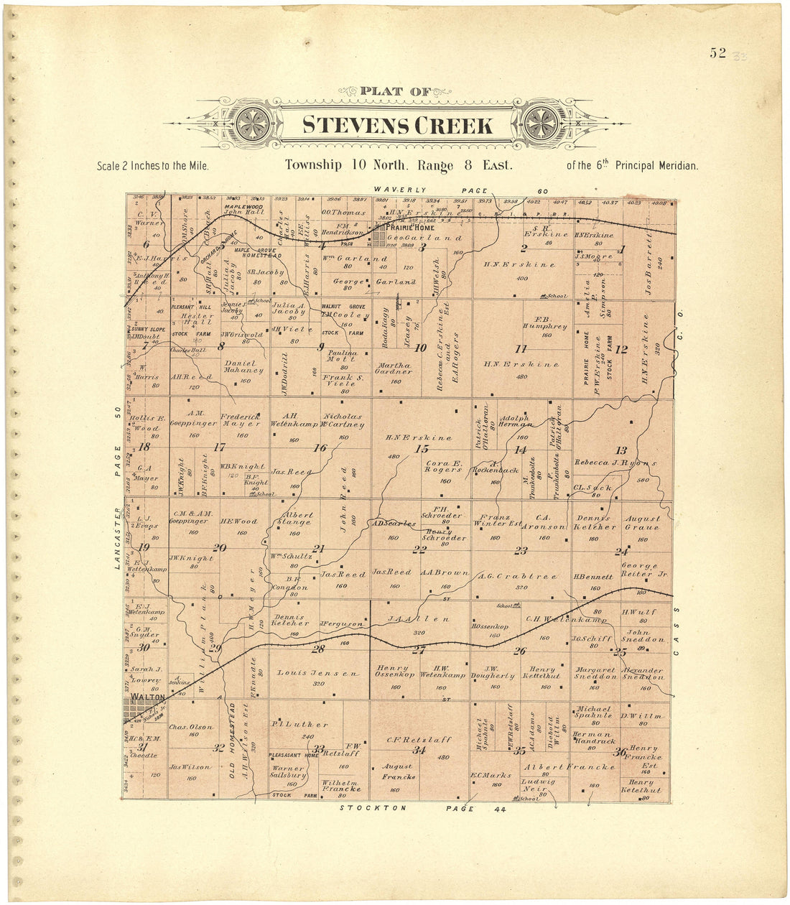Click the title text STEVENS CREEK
point(397,126)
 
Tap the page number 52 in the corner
point(717,52)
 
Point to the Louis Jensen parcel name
point(319,674)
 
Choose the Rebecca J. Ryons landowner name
point(615,463)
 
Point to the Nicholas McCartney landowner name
point(344,420)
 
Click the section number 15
point(422,449)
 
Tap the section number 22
point(419,550)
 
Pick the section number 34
point(419,751)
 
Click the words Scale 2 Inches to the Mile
point(152,166)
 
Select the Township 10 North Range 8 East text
point(399,164)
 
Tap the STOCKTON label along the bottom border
point(373,808)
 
